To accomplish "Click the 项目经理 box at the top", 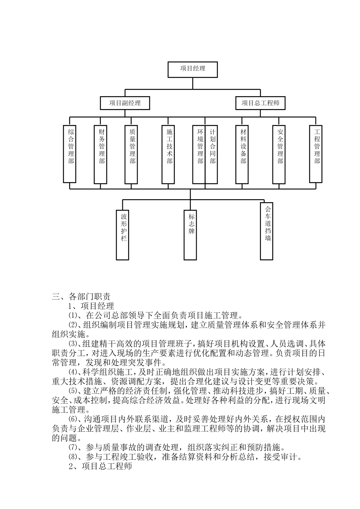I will (x=193, y=69).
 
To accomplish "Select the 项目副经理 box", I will (x=125, y=103).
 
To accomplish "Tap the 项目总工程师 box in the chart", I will (x=260, y=103).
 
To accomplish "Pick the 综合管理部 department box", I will (x=70, y=154).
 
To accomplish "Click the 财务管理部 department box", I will (x=101, y=154).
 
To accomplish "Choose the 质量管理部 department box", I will (x=131, y=154).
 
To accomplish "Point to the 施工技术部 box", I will (x=169, y=154).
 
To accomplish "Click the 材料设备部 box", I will (x=243, y=154).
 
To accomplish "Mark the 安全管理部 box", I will (x=280, y=154).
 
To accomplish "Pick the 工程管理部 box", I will (x=316, y=154).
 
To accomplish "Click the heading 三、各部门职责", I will (x=81, y=297).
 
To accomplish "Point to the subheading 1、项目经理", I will (x=91, y=306).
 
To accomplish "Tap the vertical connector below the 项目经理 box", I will (x=193, y=83).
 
